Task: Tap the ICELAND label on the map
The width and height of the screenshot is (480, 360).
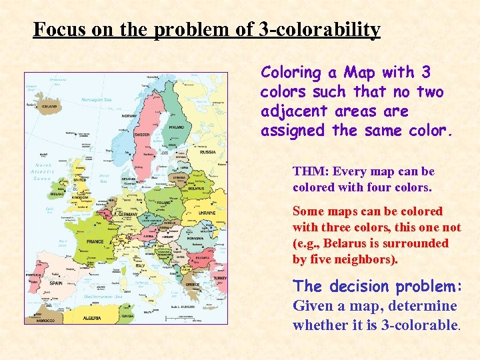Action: click(x=49, y=105)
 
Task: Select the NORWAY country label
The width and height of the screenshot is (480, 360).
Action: click(x=129, y=116)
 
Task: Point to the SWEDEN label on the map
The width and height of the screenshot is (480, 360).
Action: click(x=143, y=134)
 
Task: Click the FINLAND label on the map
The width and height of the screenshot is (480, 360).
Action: click(x=176, y=127)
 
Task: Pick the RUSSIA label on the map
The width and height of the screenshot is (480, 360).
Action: click(x=207, y=152)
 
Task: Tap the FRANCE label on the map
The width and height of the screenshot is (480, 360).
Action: click(x=95, y=241)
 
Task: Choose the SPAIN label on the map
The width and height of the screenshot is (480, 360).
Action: click(x=56, y=283)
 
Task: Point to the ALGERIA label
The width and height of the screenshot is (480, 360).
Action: click(x=92, y=319)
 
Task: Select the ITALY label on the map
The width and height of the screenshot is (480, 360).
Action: click(x=140, y=265)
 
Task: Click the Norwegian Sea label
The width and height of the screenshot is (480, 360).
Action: click(x=96, y=99)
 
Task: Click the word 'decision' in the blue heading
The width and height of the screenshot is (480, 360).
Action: click(x=357, y=287)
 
